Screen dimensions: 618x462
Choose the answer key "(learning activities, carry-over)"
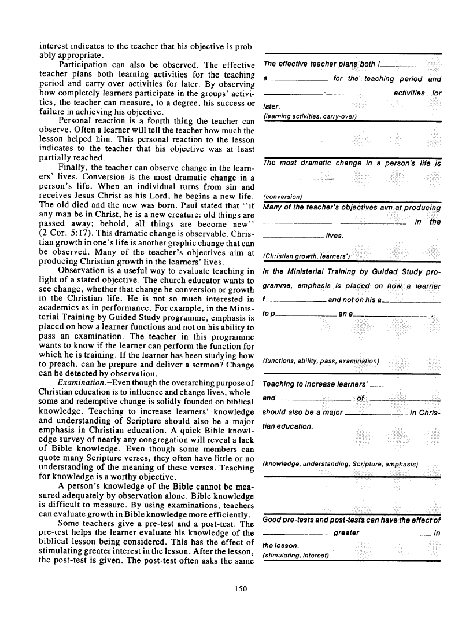(310, 116)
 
